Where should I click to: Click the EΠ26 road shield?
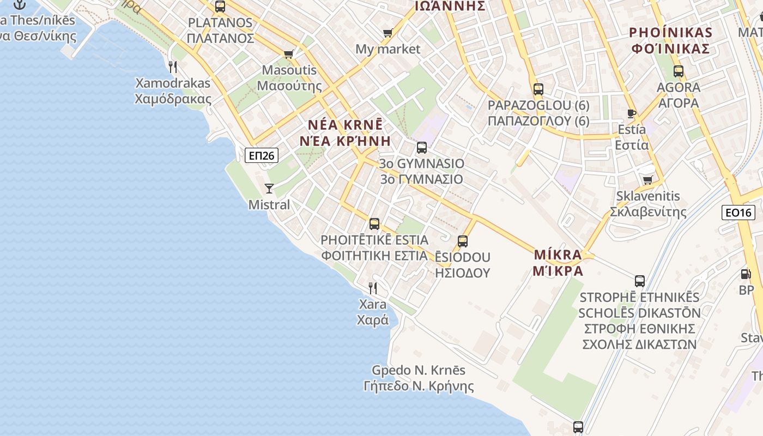(262, 156)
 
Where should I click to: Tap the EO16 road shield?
(738, 213)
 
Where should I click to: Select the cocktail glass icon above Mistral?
(269, 189)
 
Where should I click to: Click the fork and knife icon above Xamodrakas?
(173, 67)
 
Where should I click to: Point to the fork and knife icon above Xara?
(373, 288)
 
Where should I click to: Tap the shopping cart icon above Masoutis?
(288, 54)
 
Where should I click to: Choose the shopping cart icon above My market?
(387, 33)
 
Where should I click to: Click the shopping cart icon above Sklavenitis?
(647, 180)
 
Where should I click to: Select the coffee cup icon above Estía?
(632, 113)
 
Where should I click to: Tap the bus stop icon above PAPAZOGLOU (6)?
(538, 89)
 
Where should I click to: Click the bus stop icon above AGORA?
(678, 71)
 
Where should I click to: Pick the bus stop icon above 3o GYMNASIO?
(421, 147)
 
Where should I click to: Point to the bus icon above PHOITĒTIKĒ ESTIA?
(374, 223)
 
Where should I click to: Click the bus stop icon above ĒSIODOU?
(463, 241)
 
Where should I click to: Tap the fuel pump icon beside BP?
(746, 274)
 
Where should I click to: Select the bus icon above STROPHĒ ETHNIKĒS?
(639, 281)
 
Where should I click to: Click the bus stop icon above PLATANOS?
(220, 7)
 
